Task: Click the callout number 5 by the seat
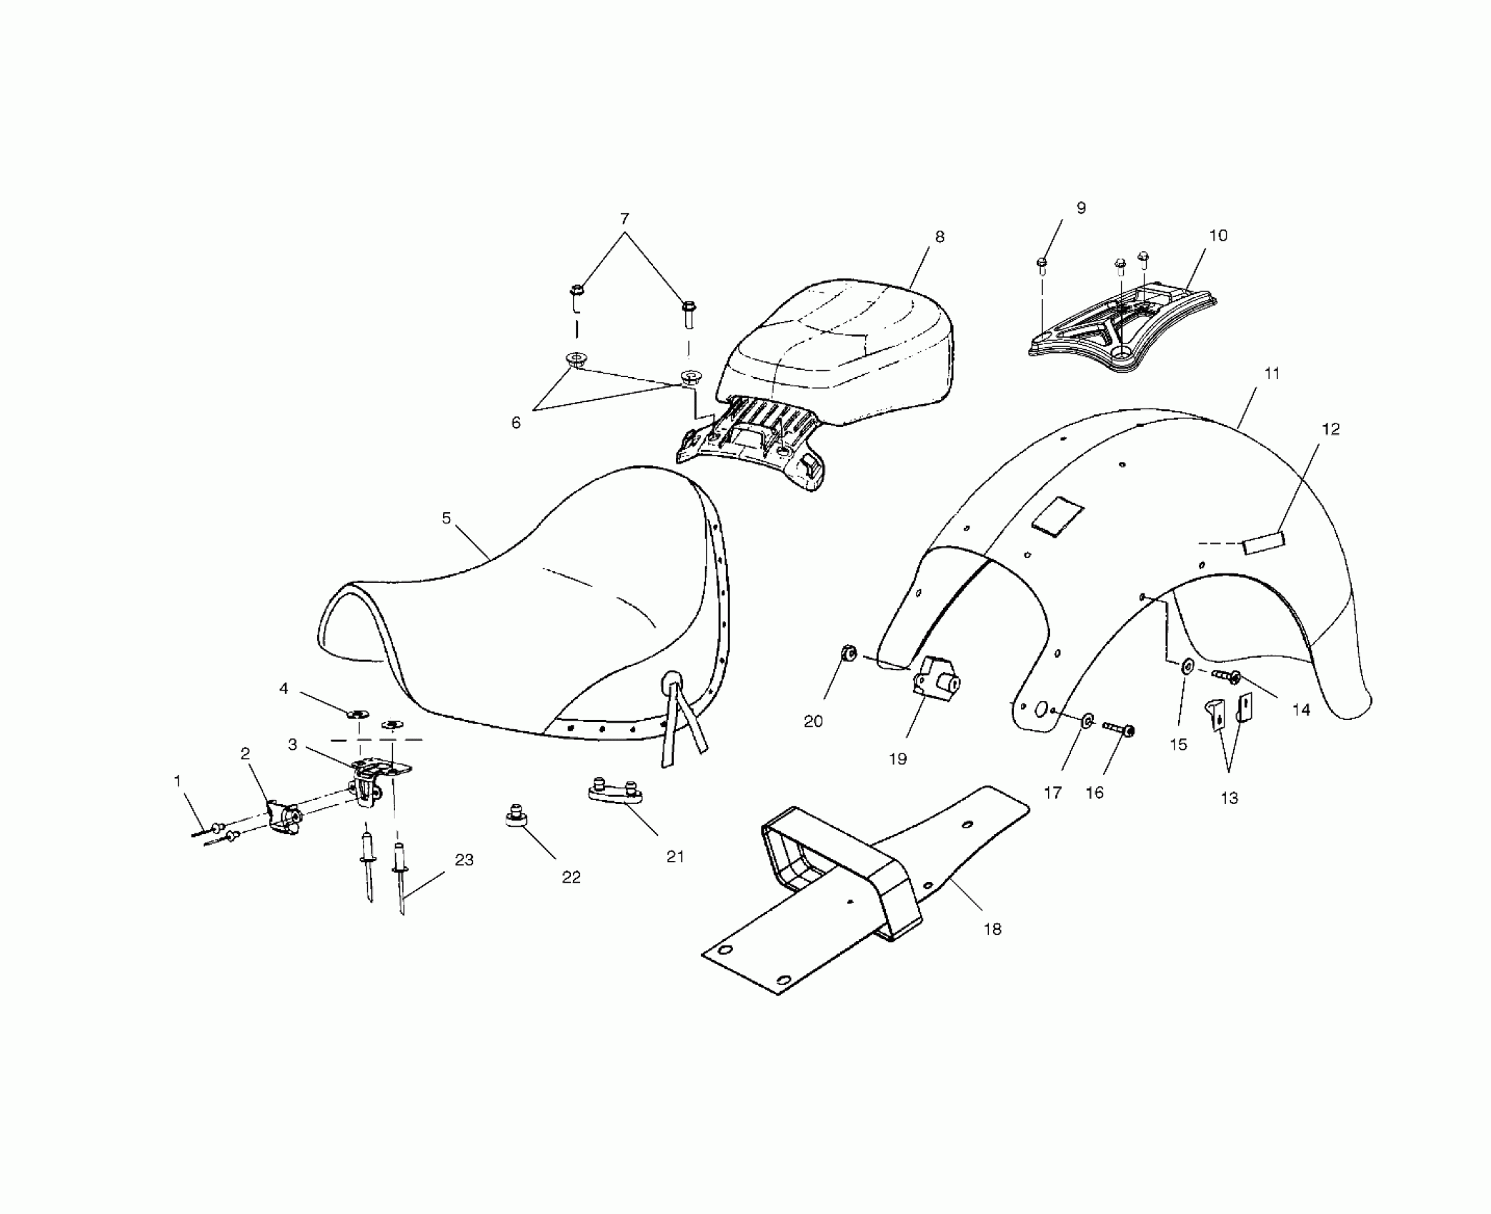click(x=447, y=518)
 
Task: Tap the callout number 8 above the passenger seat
click(x=939, y=237)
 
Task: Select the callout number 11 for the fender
click(x=1272, y=373)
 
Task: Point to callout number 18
click(x=992, y=929)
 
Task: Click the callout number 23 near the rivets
click(x=464, y=860)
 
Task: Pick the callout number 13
click(x=1229, y=798)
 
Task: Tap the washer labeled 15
click(x=1187, y=666)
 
